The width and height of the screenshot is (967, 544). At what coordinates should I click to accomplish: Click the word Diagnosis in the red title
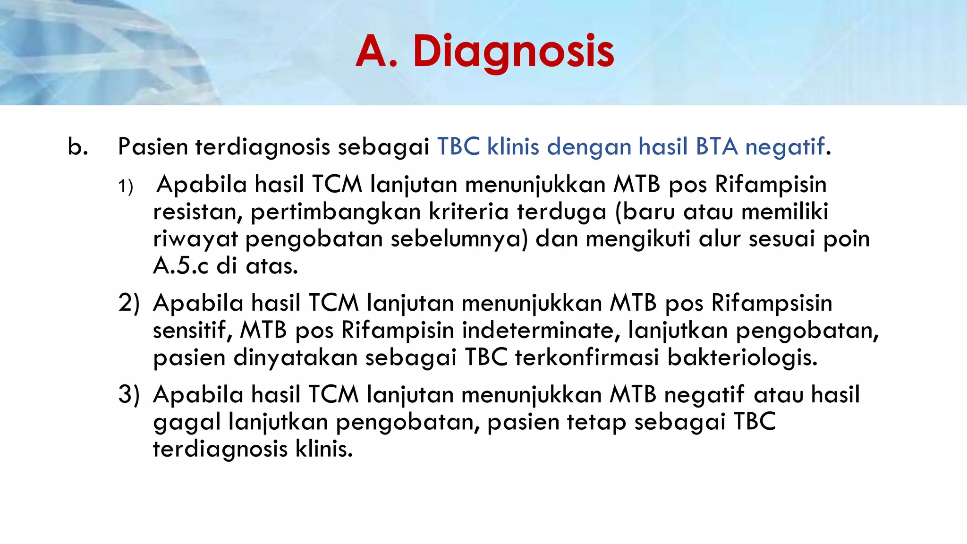[513, 52]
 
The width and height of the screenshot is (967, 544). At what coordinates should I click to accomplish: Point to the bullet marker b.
[78, 147]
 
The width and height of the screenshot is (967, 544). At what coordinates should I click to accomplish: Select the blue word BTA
[717, 147]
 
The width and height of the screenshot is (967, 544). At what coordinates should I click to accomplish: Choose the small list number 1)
[126, 187]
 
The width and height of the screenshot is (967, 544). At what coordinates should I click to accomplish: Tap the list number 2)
[129, 303]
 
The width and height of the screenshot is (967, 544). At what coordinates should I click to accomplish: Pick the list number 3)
[129, 395]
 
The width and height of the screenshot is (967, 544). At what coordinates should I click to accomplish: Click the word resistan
[197, 212]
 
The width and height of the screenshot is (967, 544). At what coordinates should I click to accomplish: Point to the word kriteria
[469, 212]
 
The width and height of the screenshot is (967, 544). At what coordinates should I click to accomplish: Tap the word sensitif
[193, 331]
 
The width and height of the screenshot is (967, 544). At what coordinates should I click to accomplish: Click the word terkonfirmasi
[587, 357]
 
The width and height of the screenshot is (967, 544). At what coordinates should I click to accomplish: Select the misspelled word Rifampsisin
[772, 303]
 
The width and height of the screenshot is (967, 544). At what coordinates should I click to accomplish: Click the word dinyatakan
[295, 358]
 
